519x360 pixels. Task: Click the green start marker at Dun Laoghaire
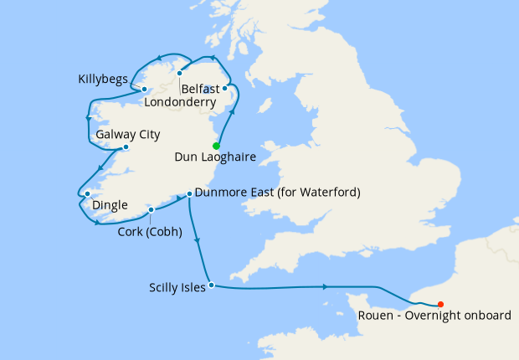click(x=216, y=146)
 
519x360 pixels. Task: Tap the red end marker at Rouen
click(x=441, y=305)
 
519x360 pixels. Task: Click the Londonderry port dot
click(x=179, y=73)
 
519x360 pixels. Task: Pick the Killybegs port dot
click(x=144, y=89)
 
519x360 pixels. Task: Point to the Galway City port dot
click(x=126, y=147)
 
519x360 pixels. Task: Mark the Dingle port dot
click(x=87, y=194)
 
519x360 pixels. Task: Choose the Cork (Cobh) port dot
click(x=151, y=210)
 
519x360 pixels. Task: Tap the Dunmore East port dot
click(x=190, y=193)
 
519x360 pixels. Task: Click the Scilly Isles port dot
click(x=211, y=285)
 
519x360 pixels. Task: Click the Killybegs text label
click(x=102, y=80)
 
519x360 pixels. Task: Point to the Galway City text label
click(x=128, y=134)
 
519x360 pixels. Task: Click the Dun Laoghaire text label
click(x=215, y=157)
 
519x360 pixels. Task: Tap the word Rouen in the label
click(x=377, y=316)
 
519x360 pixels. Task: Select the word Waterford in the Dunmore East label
click(x=327, y=193)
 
